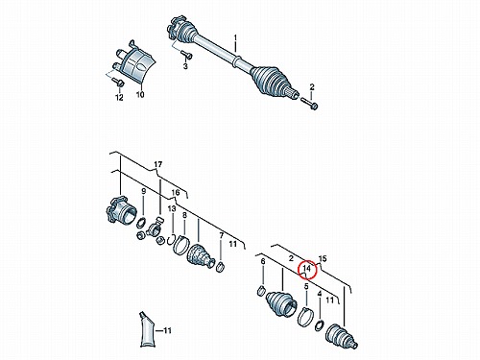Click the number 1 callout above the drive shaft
[235, 38]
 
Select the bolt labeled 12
[119, 83]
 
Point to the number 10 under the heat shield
[140, 94]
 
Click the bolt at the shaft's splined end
[309, 104]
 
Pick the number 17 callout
[157, 164]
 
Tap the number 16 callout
[176, 193]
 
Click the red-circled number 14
[306, 268]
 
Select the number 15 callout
[323, 258]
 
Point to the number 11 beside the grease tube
[167, 330]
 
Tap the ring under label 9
[142, 222]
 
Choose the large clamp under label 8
[180, 245]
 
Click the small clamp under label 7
[221, 266]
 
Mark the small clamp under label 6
[262, 291]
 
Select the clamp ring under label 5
[304, 317]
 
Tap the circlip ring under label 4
[320, 325]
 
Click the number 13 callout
[172, 208]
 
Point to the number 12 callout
[119, 97]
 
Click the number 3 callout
[185, 66]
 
